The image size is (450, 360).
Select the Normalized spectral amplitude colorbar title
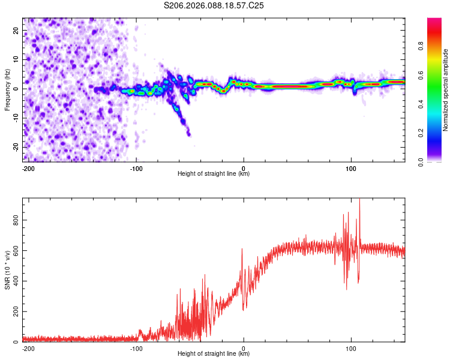(x=446, y=90)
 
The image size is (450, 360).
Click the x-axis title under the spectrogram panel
(x=214, y=174)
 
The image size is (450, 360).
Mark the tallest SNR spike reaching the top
(x=359, y=202)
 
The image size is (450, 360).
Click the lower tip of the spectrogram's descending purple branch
(x=189, y=134)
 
